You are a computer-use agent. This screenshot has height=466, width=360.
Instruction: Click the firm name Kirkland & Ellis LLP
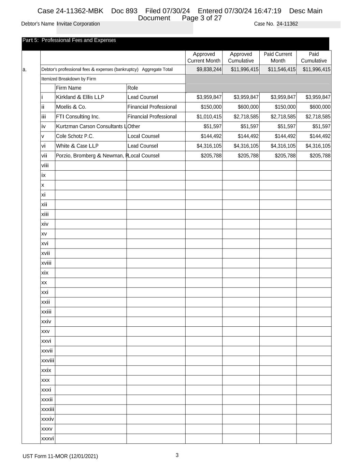click(x=80, y=97)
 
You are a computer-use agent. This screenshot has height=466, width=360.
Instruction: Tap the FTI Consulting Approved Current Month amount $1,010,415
click(x=209, y=117)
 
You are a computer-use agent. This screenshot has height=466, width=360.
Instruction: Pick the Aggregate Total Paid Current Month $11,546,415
click(x=282, y=70)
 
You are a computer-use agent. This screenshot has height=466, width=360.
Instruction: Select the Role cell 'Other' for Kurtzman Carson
click(x=134, y=127)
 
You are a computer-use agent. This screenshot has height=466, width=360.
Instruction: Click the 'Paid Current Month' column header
click(x=278, y=57)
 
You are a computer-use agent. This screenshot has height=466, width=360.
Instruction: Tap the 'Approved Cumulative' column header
click(x=241, y=57)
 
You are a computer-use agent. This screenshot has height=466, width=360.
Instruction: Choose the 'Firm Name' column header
click(x=69, y=88)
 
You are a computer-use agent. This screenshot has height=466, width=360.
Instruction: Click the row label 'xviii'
click(x=46, y=263)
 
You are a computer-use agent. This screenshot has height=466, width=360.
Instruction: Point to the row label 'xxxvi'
click(x=47, y=439)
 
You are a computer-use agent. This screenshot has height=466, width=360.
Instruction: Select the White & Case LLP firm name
click(x=77, y=146)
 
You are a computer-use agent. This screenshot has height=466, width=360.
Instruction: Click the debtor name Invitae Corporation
click(x=78, y=24)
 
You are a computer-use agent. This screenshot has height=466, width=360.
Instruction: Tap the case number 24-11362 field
click(x=287, y=24)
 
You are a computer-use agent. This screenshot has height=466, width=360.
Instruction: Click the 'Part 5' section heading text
click(x=69, y=40)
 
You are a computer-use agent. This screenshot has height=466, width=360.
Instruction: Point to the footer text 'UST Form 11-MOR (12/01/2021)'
click(x=60, y=456)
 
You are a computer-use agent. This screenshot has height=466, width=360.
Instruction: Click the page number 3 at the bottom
click(x=177, y=455)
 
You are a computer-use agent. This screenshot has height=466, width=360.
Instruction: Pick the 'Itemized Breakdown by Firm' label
click(x=69, y=79)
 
